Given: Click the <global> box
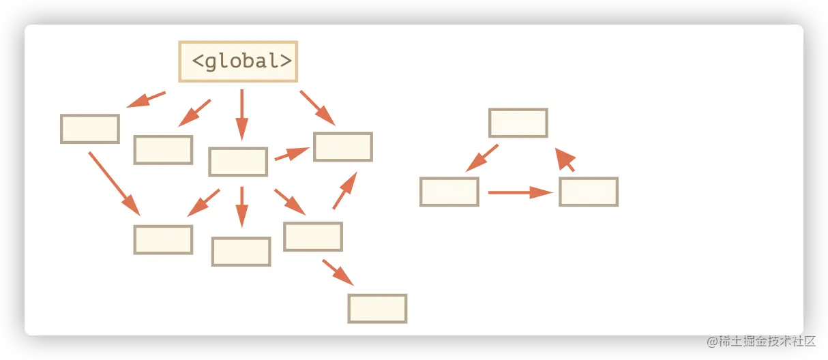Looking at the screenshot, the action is point(238,61).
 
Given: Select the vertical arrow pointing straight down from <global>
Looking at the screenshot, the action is point(241,114).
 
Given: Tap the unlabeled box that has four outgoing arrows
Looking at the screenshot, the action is point(237,162).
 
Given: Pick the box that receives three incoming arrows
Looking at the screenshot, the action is point(342,147).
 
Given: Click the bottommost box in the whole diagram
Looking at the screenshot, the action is point(377,308).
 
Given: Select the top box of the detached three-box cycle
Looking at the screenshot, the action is point(518,123).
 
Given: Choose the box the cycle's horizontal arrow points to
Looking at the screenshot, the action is point(589,192).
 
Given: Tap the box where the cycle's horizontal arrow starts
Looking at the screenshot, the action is point(449,192).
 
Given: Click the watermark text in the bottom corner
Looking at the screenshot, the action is point(760,340).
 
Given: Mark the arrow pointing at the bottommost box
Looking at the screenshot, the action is point(338,272).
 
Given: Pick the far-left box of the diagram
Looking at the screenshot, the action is point(90,129).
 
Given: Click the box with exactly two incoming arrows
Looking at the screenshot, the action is point(163,239).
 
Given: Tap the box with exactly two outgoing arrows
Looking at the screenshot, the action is point(313,237).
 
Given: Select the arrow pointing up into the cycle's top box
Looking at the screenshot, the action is point(565,160).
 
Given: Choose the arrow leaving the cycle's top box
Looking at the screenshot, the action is point(482,158).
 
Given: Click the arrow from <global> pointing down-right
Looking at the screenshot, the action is point(317,108).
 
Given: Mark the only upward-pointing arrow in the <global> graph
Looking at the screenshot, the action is point(345,190).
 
